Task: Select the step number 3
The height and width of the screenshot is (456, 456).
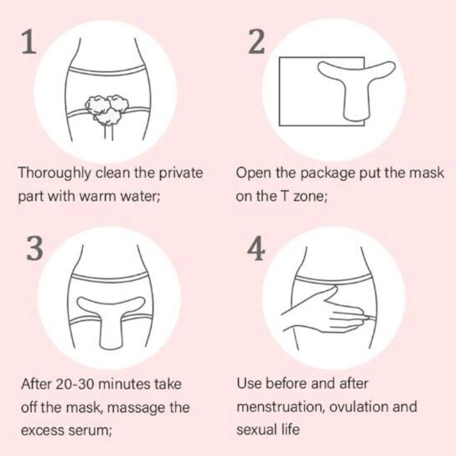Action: tap(35, 248)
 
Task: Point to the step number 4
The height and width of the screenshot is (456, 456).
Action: tap(256, 248)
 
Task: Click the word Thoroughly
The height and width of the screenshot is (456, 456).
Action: tap(54, 174)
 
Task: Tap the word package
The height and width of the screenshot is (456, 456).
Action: tap(328, 174)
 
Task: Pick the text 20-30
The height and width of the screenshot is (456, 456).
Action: tap(74, 384)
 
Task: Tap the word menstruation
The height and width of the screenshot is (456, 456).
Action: tap(281, 407)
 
